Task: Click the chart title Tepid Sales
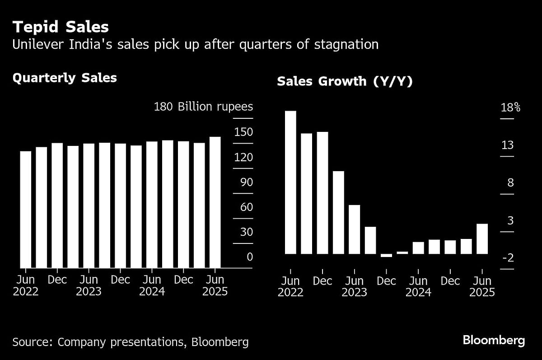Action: click(61, 27)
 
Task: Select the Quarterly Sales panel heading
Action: click(65, 78)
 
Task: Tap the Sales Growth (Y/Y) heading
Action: click(345, 81)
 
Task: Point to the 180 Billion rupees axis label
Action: click(203, 107)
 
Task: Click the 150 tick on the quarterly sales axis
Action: click(243, 132)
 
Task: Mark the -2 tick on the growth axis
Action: click(507, 258)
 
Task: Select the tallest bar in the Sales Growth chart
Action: click(290, 182)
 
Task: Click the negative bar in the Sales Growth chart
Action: click(386, 256)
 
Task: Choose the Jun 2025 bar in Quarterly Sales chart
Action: click(215, 202)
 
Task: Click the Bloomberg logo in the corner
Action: click(493, 341)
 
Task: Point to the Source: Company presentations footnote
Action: click(130, 342)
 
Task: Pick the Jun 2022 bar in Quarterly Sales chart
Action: click(26, 210)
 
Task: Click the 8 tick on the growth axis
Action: click(510, 183)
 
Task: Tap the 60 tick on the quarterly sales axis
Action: click(243, 207)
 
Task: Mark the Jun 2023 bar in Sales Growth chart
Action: click(355, 229)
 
